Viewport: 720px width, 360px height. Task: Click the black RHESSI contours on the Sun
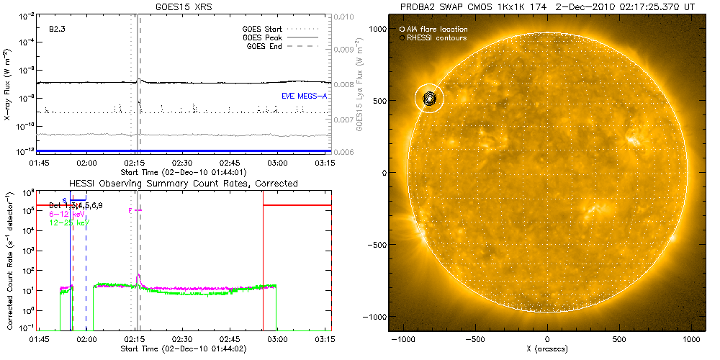[430, 99]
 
